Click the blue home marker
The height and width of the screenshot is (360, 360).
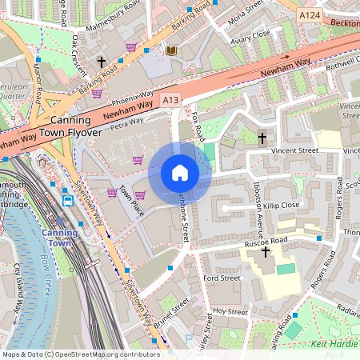[180, 172]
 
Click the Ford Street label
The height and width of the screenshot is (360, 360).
[222, 278]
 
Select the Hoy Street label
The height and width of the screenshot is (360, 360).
[230, 311]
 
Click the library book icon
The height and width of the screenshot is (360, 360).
[170, 51]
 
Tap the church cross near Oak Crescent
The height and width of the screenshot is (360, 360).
[101, 61]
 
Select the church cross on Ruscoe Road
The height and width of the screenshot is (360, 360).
[266, 252]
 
